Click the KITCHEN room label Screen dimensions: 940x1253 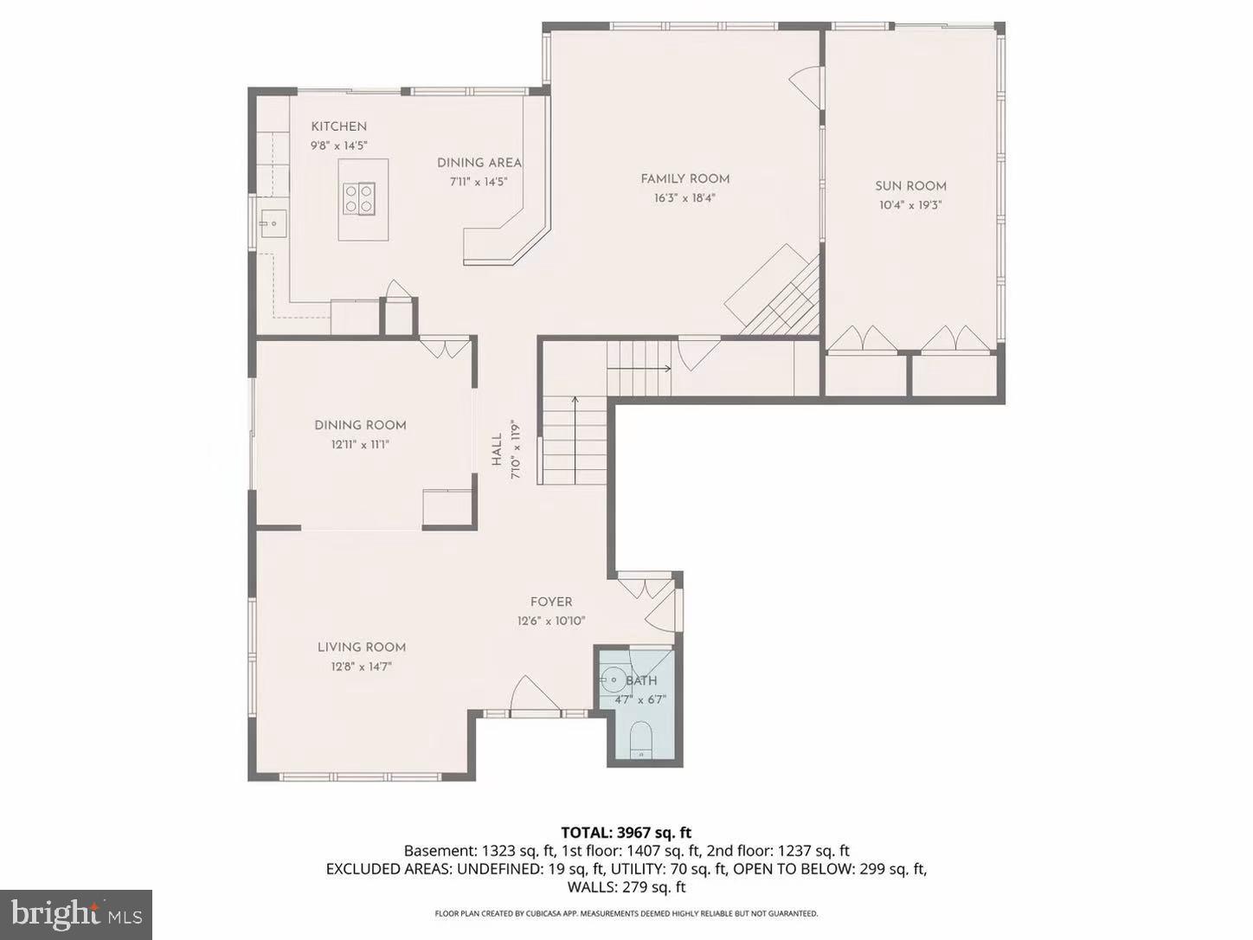pos(338,126)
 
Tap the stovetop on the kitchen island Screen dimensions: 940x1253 pos(359,198)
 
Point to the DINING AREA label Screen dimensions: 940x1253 pos(479,163)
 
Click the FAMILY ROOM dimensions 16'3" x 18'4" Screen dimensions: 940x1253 pos(684,197)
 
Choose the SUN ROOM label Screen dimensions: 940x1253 pos(910,185)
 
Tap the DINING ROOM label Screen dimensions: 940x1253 pos(360,425)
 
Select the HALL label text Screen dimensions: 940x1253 pos(497,450)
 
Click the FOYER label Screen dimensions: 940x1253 pos(551,602)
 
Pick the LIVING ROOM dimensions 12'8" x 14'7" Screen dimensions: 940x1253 pos(362,666)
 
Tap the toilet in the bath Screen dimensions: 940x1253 pos(641,742)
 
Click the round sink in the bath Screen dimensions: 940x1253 pos(615,679)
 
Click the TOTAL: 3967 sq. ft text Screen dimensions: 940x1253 pos(626,833)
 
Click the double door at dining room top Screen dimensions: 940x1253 pos(445,348)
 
